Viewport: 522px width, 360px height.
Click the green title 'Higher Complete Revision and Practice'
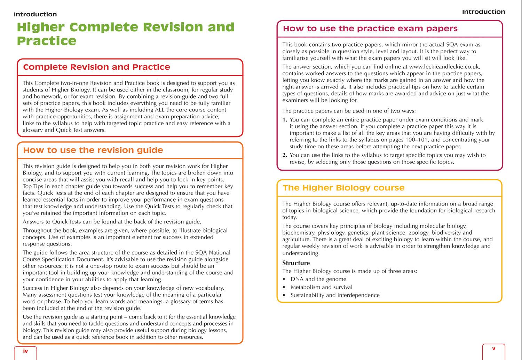click(x=125, y=34)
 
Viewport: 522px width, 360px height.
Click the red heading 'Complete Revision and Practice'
click(x=96, y=67)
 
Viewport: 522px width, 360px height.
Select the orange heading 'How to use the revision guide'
click(x=93, y=150)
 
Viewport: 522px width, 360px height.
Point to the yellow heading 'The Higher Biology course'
click(x=343, y=188)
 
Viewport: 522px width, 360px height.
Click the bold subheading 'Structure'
click(x=296, y=263)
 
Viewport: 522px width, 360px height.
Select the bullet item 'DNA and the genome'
click(x=318, y=279)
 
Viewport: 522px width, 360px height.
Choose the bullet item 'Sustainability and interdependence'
click(x=335, y=295)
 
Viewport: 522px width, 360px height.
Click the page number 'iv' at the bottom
click(x=25, y=351)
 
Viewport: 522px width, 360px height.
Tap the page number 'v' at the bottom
click(x=493, y=349)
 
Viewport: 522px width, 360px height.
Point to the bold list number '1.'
click(x=285, y=120)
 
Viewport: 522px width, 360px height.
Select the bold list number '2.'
click(x=285, y=155)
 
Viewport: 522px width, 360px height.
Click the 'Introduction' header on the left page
click(x=35, y=15)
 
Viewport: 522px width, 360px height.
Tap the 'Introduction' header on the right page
click(x=483, y=12)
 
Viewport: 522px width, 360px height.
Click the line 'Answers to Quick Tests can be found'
click(x=112, y=222)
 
